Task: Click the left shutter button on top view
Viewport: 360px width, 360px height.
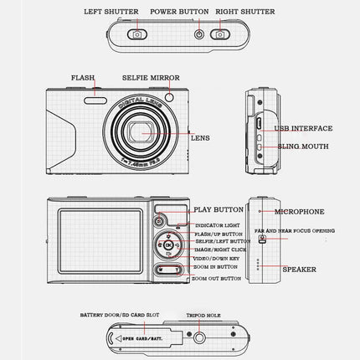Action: click(x=136, y=34)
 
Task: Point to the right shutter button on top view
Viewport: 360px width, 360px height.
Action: click(x=220, y=34)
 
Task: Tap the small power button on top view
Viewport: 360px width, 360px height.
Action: click(x=199, y=34)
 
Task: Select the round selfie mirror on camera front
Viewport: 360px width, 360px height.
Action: click(x=169, y=99)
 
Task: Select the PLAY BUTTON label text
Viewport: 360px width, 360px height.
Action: click(x=219, y=210)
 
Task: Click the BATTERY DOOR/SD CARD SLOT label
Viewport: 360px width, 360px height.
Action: click(x=119, y=316)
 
